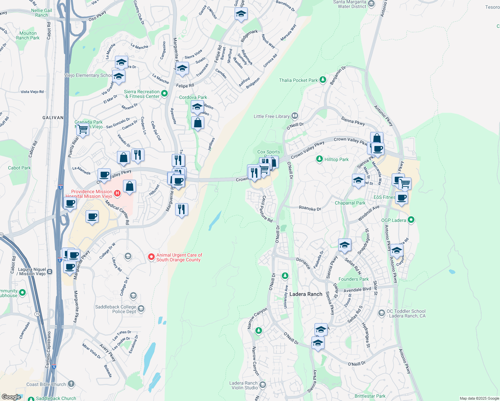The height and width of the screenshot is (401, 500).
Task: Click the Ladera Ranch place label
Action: point(306,294)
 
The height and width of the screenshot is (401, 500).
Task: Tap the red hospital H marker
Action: point(117,193)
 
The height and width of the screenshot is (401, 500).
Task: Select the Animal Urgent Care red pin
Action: point(151,257)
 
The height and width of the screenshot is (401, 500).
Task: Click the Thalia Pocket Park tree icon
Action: point(323,80)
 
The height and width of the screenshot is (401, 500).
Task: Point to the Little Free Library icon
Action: point(294,116)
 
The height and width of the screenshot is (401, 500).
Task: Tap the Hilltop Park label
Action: point(336,159)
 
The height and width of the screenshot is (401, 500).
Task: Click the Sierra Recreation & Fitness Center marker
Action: point(164,94)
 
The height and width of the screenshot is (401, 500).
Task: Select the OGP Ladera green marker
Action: point(411,220)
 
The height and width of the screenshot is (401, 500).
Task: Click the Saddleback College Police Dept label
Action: point(116,309)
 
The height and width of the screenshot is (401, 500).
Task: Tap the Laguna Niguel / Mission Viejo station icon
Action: point(49,272)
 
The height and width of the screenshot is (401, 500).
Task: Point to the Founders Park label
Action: point(354,279)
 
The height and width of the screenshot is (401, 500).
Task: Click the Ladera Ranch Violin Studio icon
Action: point(262,385)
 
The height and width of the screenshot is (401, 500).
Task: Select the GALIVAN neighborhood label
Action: point(53,118)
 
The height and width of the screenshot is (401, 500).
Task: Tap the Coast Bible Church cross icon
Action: point(71,384)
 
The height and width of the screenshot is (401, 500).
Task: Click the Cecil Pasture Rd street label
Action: point(267,209)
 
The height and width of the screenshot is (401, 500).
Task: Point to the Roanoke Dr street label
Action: point(310,208)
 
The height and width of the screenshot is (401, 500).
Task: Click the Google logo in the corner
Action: point(11,397)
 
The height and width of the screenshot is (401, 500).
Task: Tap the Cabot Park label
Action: point(19,168)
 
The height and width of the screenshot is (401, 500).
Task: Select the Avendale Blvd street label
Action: point(357,289)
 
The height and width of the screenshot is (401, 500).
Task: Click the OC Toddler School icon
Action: point(381,313)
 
